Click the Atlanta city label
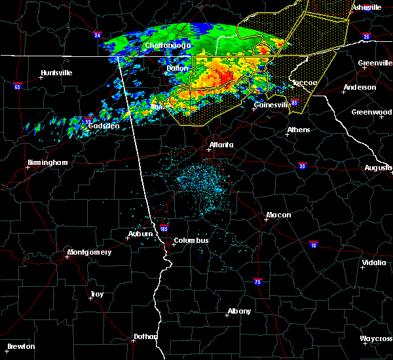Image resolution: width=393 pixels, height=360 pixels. [x=221, y=145]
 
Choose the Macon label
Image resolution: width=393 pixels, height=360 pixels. [x=278, y=215]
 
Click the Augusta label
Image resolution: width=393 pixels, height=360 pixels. [x=378, y=168]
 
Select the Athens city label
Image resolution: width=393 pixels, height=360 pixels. [x=298, y=130]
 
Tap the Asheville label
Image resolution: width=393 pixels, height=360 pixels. [x=366, y=7]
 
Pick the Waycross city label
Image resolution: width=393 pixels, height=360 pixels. [x=376, y=338]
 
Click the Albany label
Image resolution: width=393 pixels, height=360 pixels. [x=238, y=311]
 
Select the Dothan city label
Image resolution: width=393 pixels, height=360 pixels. [x=145, y=336]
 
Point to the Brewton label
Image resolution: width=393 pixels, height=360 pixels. [x=21, y=346]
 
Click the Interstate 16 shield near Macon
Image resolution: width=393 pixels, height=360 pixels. [x=313, y=243]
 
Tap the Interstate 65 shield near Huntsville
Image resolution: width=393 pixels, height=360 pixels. [x=17, y=86]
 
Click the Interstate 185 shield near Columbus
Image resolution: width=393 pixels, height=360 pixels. [x=164, y=229]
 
